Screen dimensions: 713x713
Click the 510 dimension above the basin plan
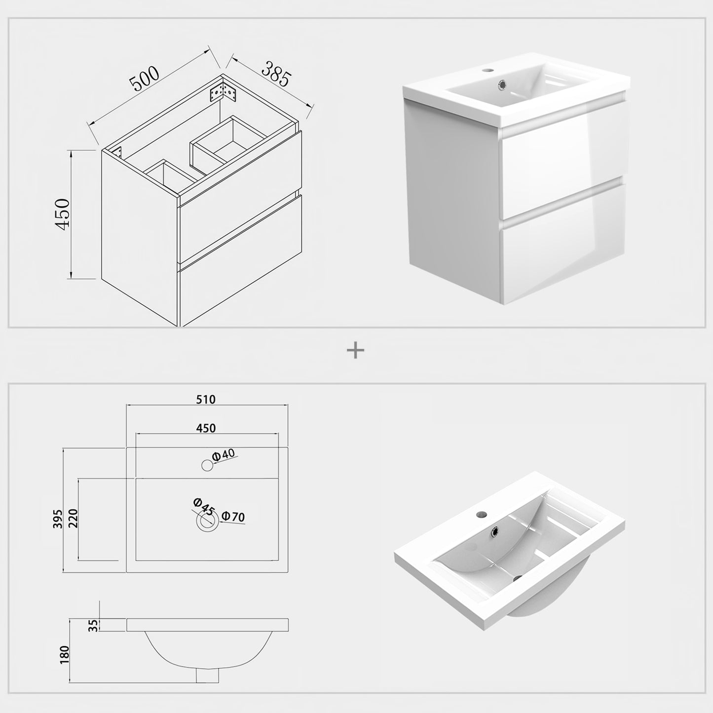click(x=206, y=400)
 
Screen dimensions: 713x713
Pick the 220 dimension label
click(x=73, y=519)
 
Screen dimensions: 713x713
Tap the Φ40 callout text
click(x=224, y=455)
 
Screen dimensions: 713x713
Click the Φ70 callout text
click(x=233, y=516)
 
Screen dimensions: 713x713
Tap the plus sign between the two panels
click(x=356, y=350)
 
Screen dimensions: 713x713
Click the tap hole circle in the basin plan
click(x=207, y=465)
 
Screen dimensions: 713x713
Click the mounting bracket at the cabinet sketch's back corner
click(x=223, y=92)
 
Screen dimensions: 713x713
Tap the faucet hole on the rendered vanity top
click(x=489, y=70)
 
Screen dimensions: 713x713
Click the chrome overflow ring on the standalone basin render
click(x=495, y=532)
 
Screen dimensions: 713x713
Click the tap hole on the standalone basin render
click(x=481, y=514)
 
